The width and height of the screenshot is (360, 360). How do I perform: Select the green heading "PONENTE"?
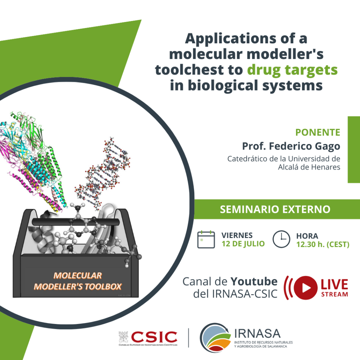(x=318, y=132)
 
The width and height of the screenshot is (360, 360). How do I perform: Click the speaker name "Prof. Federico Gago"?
(x=291, y=146)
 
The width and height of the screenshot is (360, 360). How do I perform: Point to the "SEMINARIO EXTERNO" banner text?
(x=275, y=209)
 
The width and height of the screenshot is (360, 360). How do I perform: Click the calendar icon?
(x=206, y=239)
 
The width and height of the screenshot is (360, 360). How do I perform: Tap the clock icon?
(x=281, y=239)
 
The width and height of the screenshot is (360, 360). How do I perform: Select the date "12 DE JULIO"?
(x=243, y=244)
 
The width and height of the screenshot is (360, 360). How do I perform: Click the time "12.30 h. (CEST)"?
(x=323, y=245)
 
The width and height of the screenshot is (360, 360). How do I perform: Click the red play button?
(x=305, y=288)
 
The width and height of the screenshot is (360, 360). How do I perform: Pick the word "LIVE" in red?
(x=334, y=285)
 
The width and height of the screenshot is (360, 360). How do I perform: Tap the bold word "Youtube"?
(x=254, y=281)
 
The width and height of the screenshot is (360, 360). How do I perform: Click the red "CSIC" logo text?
(x=154, y=337)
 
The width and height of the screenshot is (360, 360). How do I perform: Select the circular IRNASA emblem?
(x=215, y=338)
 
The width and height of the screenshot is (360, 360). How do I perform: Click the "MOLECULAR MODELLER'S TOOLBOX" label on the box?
(x=78, y=281)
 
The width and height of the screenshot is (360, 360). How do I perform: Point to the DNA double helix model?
(x=103, y=173)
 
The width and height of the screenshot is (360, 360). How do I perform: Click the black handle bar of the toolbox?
(x=76, y=222)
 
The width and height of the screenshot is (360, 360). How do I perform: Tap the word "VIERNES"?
(x=237, y=236)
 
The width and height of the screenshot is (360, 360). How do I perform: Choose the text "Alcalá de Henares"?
(x=309, y=167)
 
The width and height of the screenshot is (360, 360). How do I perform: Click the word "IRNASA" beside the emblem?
(x=257, y=333)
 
